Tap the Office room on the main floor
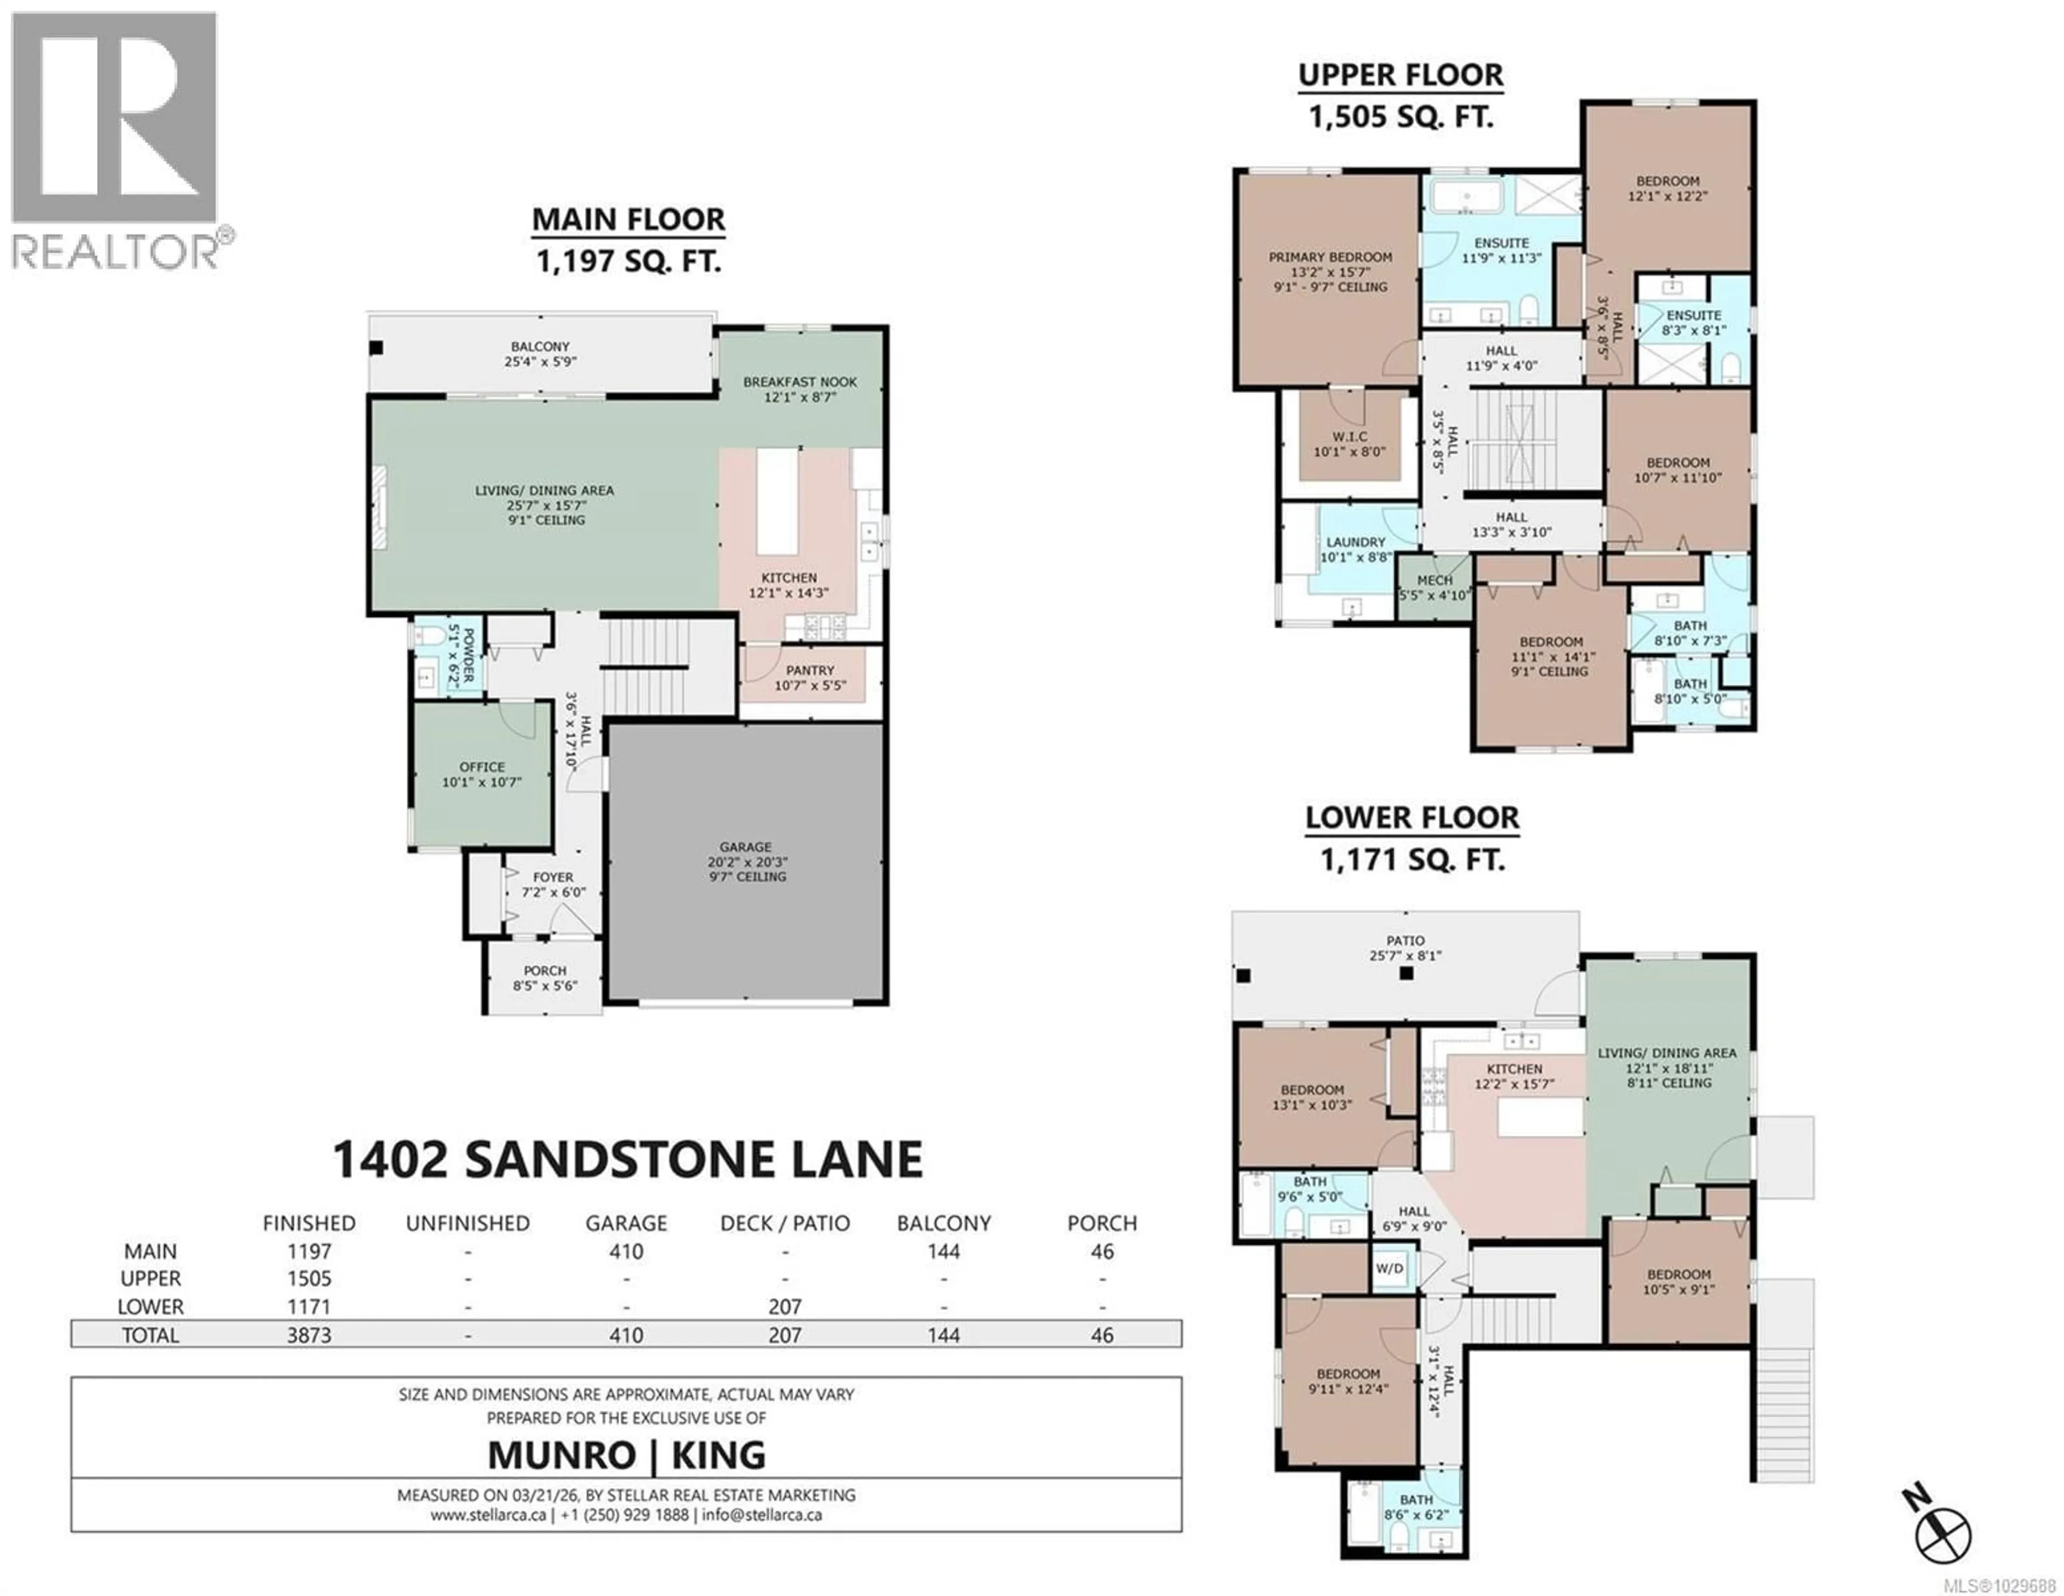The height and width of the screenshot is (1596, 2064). coord(482,774)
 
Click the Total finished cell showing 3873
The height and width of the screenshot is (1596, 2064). coord(309,1334)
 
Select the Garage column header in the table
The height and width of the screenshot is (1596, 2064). coord(626,1223)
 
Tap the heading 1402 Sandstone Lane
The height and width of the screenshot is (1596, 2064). coord(627,1160)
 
